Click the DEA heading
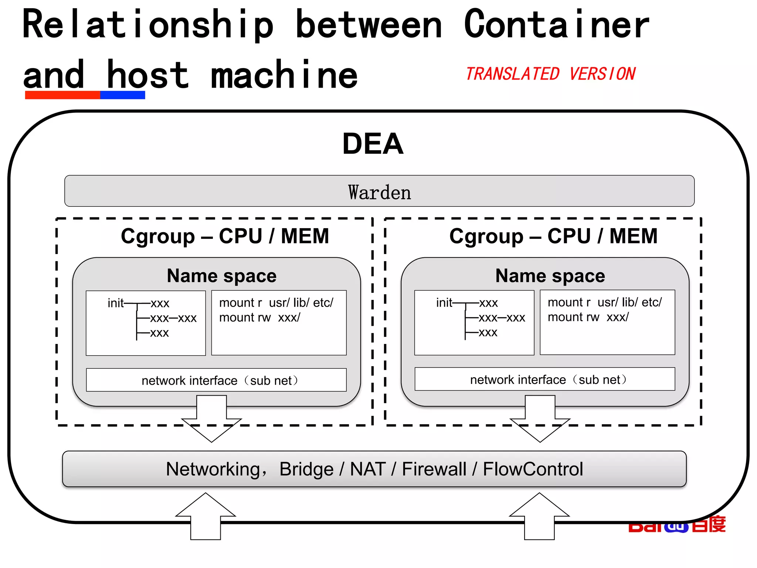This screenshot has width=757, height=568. tap(373, 143)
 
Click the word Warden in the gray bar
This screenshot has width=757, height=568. tap(379, 192)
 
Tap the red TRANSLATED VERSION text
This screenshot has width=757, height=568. tap(550, 74)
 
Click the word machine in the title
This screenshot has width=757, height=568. tap(284, 75)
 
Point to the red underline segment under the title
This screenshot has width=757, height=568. tap(62, 95)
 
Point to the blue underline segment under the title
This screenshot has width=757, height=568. tap(122, 95)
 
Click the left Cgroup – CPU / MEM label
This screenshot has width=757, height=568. tap(225, 236)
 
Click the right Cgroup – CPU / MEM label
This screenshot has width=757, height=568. tap(553, 236)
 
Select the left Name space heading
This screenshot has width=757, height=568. tap(221, 276)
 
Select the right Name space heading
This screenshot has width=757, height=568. tap(550, 276)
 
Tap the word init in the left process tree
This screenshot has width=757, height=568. tap(115, 303)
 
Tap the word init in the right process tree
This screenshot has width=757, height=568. tap(444, 303)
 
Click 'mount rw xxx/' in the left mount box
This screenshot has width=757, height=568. tap(259, 318)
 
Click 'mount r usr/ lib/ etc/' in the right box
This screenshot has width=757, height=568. tap(605, 302)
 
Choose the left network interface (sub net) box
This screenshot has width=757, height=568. tap(216, 380)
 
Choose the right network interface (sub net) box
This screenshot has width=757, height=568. tap(545, 379)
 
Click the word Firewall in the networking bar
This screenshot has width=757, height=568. tap(434, 469)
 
